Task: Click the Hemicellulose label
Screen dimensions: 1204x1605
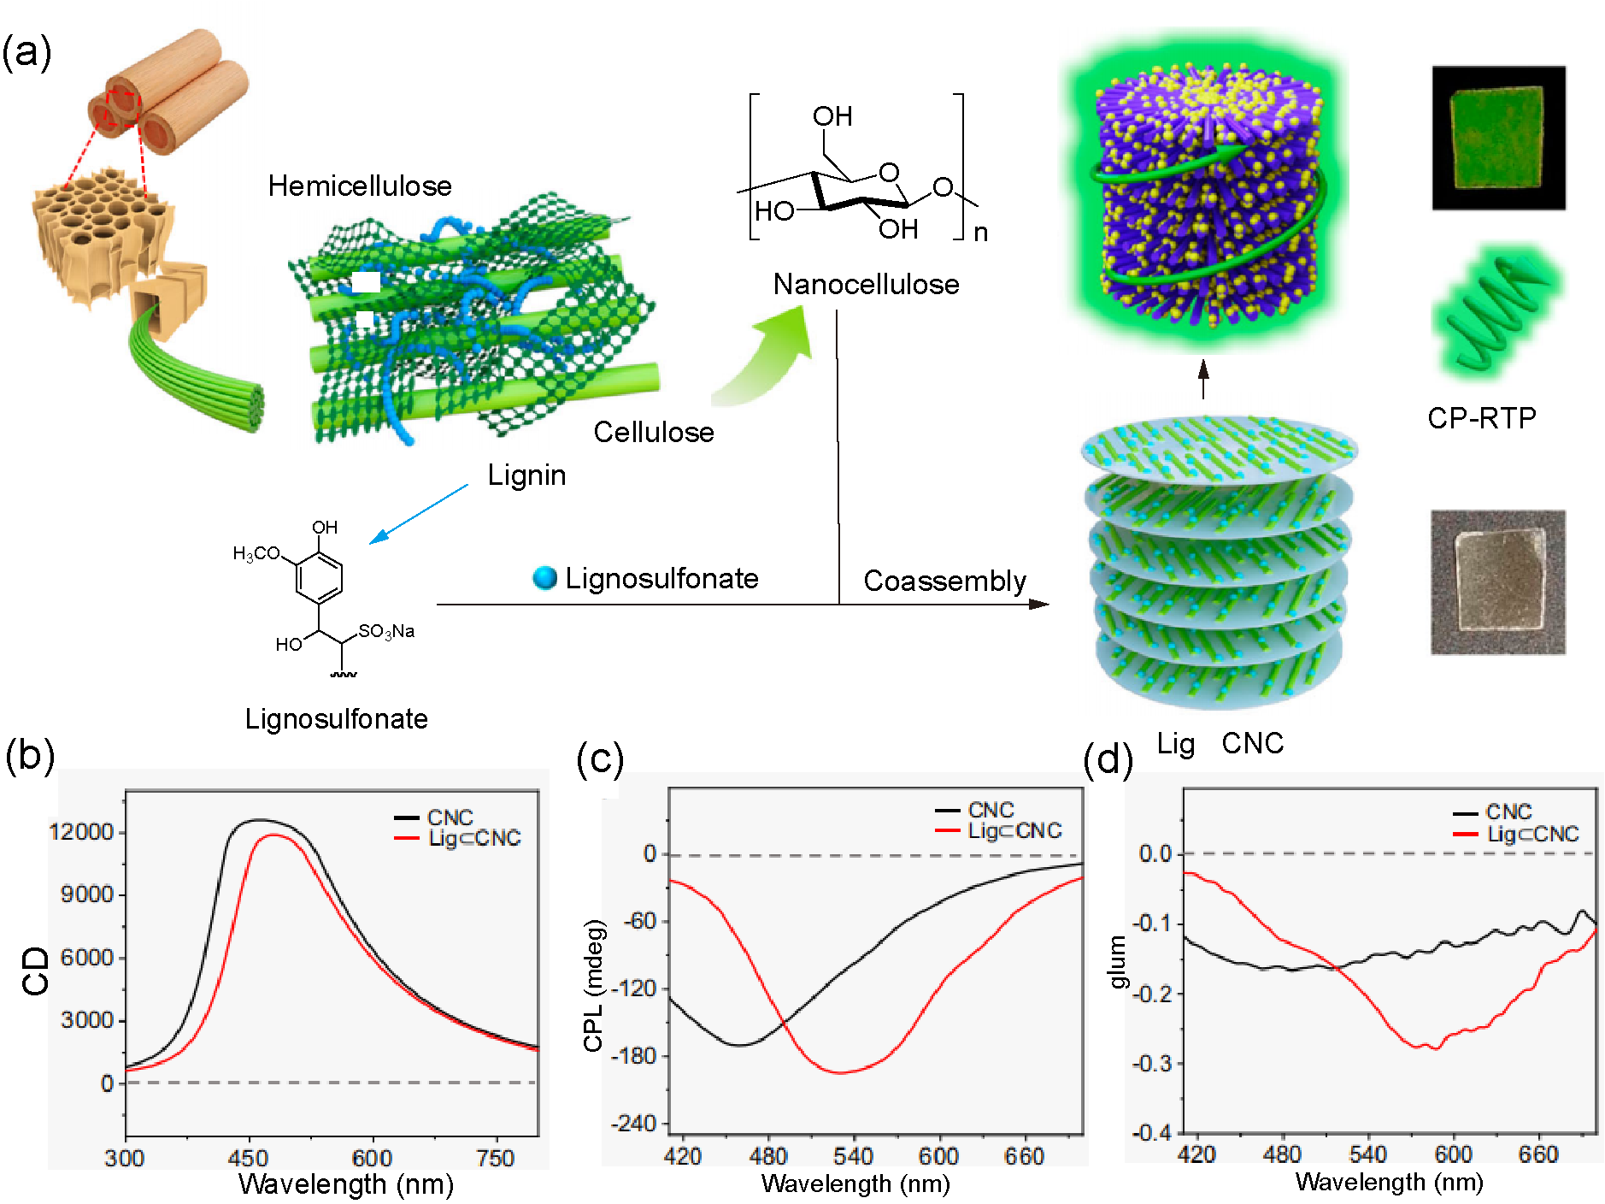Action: click(x=359, y=186)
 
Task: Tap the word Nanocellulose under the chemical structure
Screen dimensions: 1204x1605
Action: click(x=866, y=284)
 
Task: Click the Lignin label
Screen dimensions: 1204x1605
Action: click(x=526, y=475)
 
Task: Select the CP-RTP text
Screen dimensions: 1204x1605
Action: click(x=1481, y=417)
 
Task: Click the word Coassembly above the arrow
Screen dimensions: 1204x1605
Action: click(x=944, y=581)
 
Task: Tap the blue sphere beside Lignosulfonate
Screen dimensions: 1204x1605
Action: click(x=544, y=578)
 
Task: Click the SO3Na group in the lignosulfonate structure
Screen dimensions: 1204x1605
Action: click(x=386, y=631)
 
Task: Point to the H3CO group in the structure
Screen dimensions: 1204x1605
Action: click(x=256, y=553)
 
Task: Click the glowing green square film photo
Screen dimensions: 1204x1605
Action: click(x=1498, y=137)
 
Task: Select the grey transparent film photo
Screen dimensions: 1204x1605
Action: click(x=1498, y=581)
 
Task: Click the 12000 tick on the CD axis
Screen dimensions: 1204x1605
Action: click(x=81, y=832)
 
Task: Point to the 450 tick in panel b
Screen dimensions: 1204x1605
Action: click(x=248, y=1158)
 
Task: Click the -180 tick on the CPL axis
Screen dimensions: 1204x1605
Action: click(x=633, y=1055)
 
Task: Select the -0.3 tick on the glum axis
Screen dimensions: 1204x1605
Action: click(x=1152, y=1063)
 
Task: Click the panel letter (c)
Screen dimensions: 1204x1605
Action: click(x=600, y=758)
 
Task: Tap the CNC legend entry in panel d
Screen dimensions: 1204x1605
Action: click(x=1508, y=812)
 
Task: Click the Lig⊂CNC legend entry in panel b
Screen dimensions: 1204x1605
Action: click(x=474, y=838)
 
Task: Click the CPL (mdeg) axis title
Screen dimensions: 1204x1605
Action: click(x=594, y=985)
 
